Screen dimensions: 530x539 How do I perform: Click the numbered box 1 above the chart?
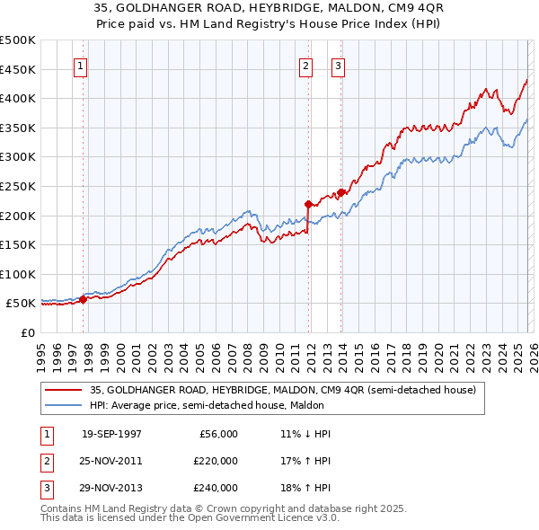click(x=81, y=65)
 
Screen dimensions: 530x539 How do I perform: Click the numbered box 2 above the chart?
click(x=305, y=65)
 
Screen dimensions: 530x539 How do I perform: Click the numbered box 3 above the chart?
click(x=338, y=65)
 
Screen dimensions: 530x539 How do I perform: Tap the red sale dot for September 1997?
click(x=83, y=299)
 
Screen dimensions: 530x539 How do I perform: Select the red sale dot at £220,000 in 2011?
click(x=308, y=204)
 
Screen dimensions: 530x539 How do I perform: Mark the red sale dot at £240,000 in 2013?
click(x=340, y=192)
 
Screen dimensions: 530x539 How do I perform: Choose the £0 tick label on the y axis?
click(x=27, y=332)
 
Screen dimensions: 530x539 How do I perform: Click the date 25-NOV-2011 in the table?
click(x=111, y=461)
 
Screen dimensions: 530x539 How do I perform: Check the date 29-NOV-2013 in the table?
click(x=111, y=488)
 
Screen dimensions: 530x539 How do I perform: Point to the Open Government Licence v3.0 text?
click(x=243, y=517)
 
